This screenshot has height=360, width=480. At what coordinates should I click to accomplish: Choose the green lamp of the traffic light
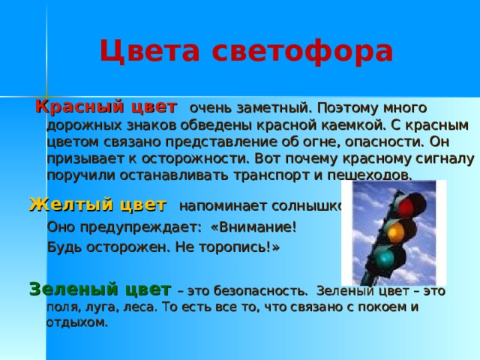click(x=384, y=258)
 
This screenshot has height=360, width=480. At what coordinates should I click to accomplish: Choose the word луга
click(x=88, y=307)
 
